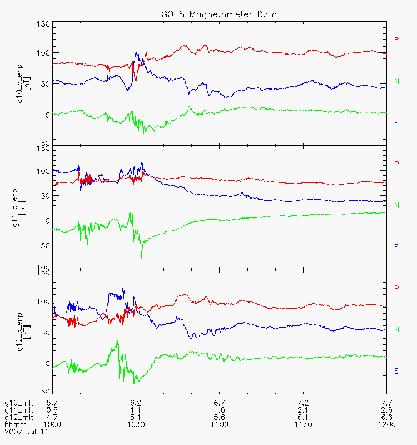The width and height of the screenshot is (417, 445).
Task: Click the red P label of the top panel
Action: (x=396, y=39)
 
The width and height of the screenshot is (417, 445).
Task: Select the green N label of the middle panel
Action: (x=396, y=205)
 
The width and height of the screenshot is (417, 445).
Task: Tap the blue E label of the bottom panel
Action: (x=396, y=370)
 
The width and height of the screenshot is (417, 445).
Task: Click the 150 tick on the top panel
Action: (x=43, y=24)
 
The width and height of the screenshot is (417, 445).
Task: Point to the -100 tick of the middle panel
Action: (x=41, y=268)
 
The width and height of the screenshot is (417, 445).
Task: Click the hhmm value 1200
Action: (x=386, y=424)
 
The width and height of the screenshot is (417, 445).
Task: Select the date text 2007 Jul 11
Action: (x=27, y=431)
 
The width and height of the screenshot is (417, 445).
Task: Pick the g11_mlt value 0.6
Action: (x=53, y=409)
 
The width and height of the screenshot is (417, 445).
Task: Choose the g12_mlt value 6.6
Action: (x=386, y=417)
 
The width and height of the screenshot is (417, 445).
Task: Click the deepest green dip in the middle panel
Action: (x=142, y=258)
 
